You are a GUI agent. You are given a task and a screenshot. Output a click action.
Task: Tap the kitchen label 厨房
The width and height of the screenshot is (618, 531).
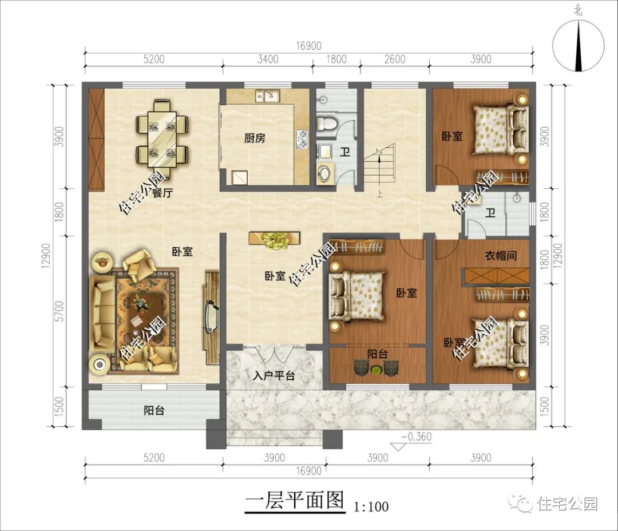click(255, 138)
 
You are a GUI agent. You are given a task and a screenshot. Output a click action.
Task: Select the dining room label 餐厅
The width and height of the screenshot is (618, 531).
click(163, 193)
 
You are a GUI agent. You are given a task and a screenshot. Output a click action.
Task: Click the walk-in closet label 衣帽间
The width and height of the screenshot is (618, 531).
click(501, 256)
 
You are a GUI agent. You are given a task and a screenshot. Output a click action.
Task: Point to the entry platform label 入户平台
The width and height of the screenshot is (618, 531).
click(274, 376)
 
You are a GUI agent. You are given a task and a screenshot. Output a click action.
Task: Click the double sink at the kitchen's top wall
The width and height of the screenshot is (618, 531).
click(266, 96)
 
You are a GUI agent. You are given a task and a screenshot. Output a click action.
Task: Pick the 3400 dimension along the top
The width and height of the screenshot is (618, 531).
click(268, 59)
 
